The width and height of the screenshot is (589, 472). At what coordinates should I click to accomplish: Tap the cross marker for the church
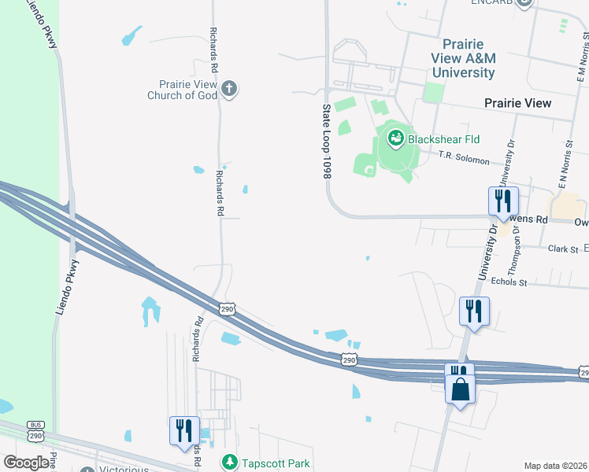[x=229, y=88]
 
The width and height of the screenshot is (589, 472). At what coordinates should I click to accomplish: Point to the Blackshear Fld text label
[x=443, y=139]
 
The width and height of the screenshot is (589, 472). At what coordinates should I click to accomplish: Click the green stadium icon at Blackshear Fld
[x=395, y=140]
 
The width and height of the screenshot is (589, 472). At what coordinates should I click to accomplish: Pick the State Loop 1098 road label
[x=325, y=141]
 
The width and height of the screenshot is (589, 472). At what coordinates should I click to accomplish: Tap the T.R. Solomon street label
[x=464, y=158]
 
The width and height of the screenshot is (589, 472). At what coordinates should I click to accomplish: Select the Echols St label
[x=508, y=281]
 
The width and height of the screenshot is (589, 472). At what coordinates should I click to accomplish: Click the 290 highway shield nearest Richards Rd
[x=228, y=309]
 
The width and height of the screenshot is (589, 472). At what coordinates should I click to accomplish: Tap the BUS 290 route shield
[x=35, y=430]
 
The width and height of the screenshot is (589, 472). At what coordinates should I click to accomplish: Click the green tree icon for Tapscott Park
[x=229, y=462]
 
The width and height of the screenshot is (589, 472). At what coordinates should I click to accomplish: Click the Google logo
[x=26, y=463]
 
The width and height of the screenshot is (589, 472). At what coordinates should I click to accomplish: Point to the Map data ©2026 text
[x=556, y=466]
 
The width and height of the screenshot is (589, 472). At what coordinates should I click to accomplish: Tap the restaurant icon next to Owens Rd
[x=501, y=201]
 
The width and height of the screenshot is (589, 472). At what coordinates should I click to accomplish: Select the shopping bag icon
[x=459, y=388]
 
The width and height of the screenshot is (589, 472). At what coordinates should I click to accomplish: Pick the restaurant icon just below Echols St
[x=474, y=310]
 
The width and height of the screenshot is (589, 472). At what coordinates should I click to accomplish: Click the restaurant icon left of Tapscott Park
[x=183, y=430]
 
